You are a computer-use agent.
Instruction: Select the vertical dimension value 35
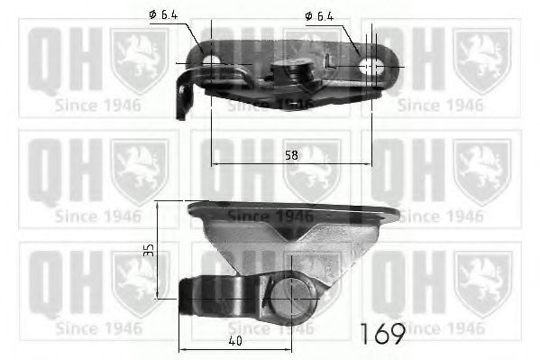coord(149,248)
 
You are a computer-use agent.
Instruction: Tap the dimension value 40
coord(234,341)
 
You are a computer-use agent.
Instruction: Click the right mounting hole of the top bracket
coord(370,65)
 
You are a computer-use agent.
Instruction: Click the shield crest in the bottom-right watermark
coord(482,280)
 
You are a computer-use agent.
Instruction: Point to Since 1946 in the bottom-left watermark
coord(97,327)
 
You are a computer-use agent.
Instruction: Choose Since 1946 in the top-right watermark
coord(440,104)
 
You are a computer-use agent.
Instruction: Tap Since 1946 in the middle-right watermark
coord(440,216)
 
